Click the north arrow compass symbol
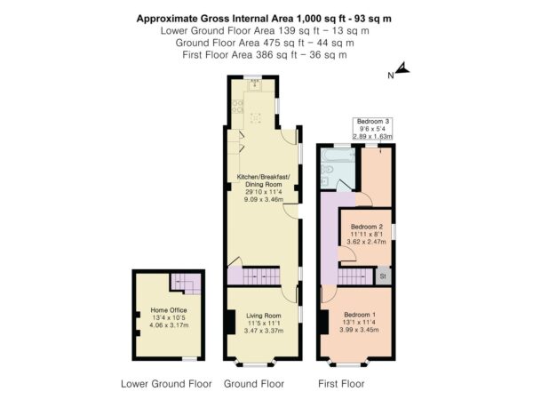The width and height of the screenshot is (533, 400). point(402,68)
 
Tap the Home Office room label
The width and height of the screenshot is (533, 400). point(169,310)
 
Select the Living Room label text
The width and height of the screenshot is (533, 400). point(264,316)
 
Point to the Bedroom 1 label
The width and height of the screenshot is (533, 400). point(360,315)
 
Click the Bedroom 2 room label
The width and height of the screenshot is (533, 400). point(367,227)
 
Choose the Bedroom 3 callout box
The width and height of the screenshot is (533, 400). point(373,129)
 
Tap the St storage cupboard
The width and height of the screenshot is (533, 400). point(383,276)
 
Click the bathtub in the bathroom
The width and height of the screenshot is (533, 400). point(338,156)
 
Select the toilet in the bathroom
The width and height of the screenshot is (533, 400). point(327,169)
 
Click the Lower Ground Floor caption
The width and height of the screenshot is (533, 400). point(166,384)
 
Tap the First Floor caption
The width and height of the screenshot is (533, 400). point(341,384)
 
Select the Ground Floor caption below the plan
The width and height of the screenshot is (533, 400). point(254,384)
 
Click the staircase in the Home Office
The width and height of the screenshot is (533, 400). point(186,284)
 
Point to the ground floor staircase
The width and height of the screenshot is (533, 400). point(261,276)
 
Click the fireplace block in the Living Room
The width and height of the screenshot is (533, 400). point(231,322)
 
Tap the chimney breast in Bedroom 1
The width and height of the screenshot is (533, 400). point(324,322)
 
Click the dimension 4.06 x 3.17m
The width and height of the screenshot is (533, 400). point(169,325)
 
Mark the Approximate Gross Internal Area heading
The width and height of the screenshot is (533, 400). point(264,19)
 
